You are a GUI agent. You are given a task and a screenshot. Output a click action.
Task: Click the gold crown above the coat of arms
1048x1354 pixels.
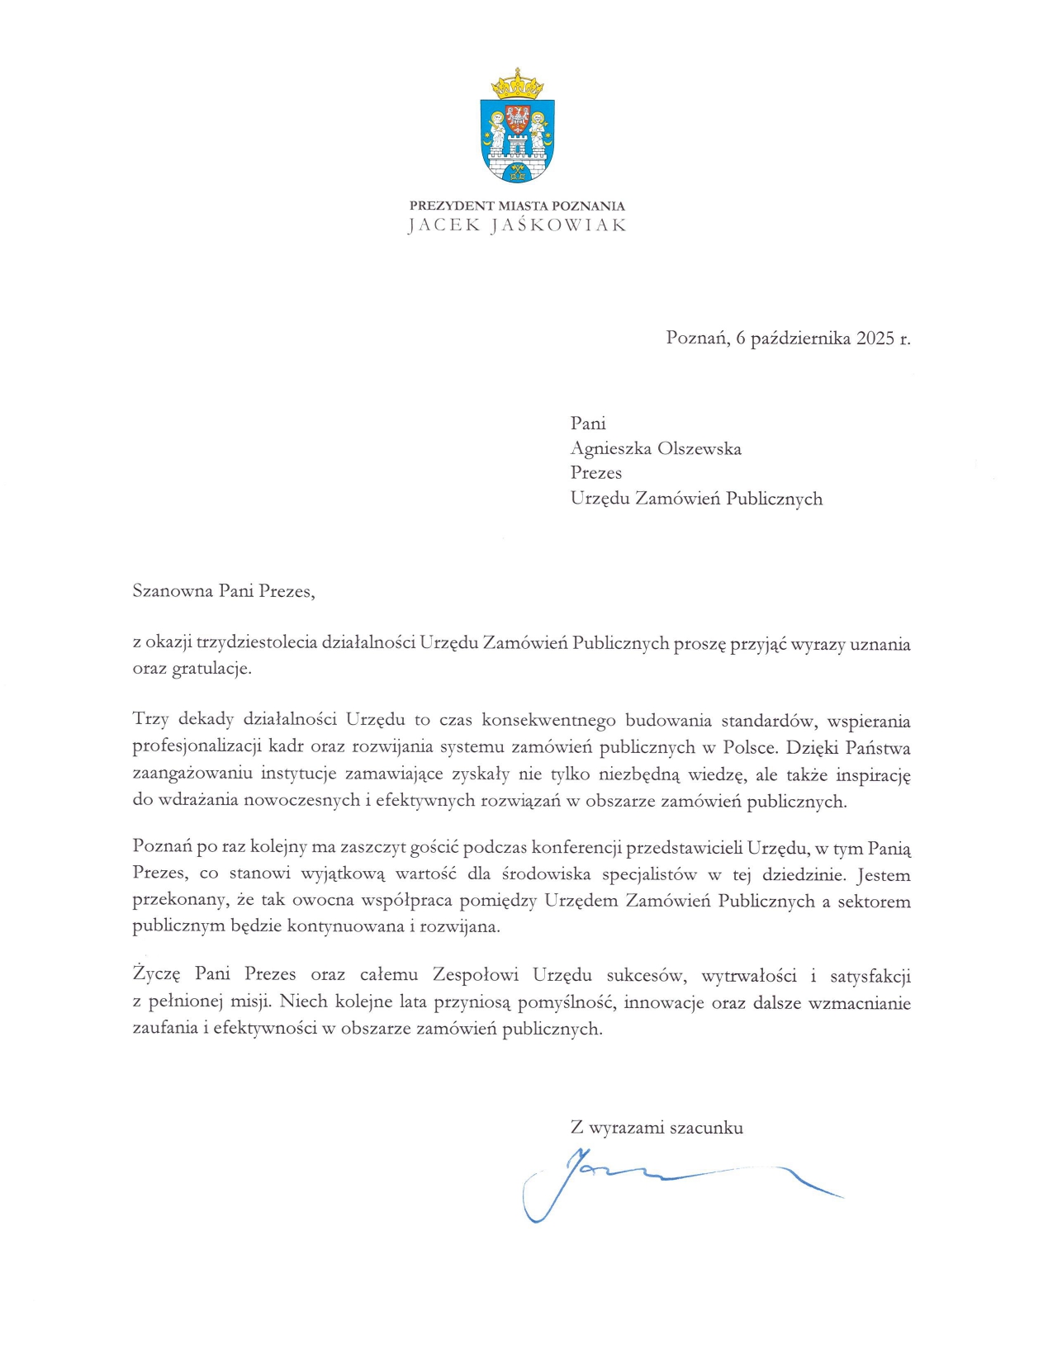517,83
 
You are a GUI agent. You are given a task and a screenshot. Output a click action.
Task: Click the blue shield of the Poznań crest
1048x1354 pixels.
517,139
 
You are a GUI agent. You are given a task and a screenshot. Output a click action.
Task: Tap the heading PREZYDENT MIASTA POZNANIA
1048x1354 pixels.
517,206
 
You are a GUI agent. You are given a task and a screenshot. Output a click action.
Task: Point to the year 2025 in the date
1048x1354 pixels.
875,338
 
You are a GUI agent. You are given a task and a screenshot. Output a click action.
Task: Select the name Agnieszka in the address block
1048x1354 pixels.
609,448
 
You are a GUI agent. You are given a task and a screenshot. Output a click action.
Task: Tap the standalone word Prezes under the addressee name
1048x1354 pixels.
595,473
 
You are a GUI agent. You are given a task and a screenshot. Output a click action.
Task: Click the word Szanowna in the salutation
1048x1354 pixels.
173,591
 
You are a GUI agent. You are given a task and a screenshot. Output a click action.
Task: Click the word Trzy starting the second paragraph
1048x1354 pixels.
150,720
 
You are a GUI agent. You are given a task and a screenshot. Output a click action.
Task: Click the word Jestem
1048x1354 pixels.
884,874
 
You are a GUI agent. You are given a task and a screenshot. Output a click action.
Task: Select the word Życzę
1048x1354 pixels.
156,975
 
